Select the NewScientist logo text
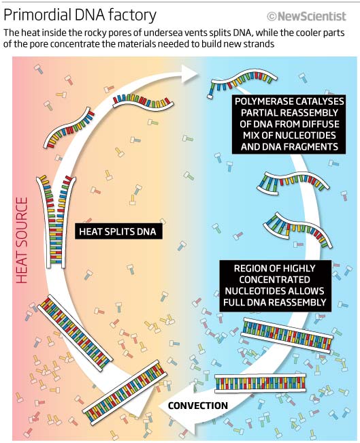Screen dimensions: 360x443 [x=312, y=16]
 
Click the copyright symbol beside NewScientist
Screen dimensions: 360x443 [x=272, y=16]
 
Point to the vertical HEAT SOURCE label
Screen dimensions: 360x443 [x=22, y=240]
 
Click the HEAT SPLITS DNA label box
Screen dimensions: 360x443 [x=118, y=231]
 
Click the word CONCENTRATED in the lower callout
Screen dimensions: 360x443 [x=274, y=280]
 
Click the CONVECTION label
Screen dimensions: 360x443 [x=198, y=406]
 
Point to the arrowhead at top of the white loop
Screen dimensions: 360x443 [x=190, y=74]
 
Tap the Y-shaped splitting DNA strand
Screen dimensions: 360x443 [x=56, y=222]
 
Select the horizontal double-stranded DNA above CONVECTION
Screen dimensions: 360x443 [x=260, y=383]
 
